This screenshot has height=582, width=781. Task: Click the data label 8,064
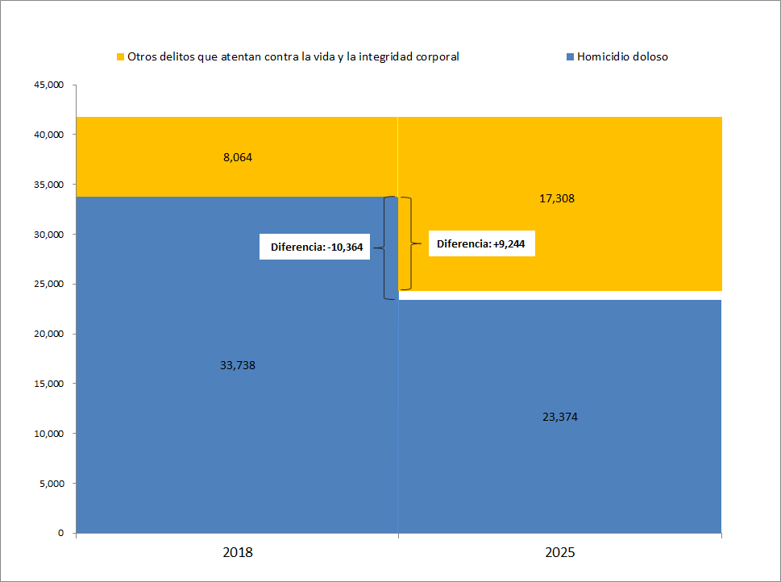coord(238,157)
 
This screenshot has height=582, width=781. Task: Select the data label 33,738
coord(238,365)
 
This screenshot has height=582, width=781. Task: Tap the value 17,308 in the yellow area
coord(557,197)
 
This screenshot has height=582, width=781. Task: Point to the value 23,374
coord(560,417)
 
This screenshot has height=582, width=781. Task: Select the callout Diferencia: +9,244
coord(481,243)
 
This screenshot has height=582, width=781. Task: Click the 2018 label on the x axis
coord(237,553)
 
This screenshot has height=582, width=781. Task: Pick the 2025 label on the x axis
coord(560,553)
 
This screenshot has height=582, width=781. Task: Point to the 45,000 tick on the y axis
coord(48,85)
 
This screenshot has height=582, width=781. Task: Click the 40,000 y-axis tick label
coord(48,135)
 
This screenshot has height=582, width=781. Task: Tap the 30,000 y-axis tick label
coord(48,235)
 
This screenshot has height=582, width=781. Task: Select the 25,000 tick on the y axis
coord(48,284)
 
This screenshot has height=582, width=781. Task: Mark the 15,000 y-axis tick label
coord(48,384)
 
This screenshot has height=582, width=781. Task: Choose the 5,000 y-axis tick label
coord(50,484)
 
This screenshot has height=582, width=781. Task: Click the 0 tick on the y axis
coord(60,533)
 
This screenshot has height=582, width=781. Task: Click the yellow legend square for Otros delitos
coord(121,57)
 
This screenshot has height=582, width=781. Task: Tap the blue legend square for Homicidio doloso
coord(570,57)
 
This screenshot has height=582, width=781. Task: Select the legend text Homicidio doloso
coord(622,57)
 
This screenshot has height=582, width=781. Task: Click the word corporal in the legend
coord(435,57)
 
